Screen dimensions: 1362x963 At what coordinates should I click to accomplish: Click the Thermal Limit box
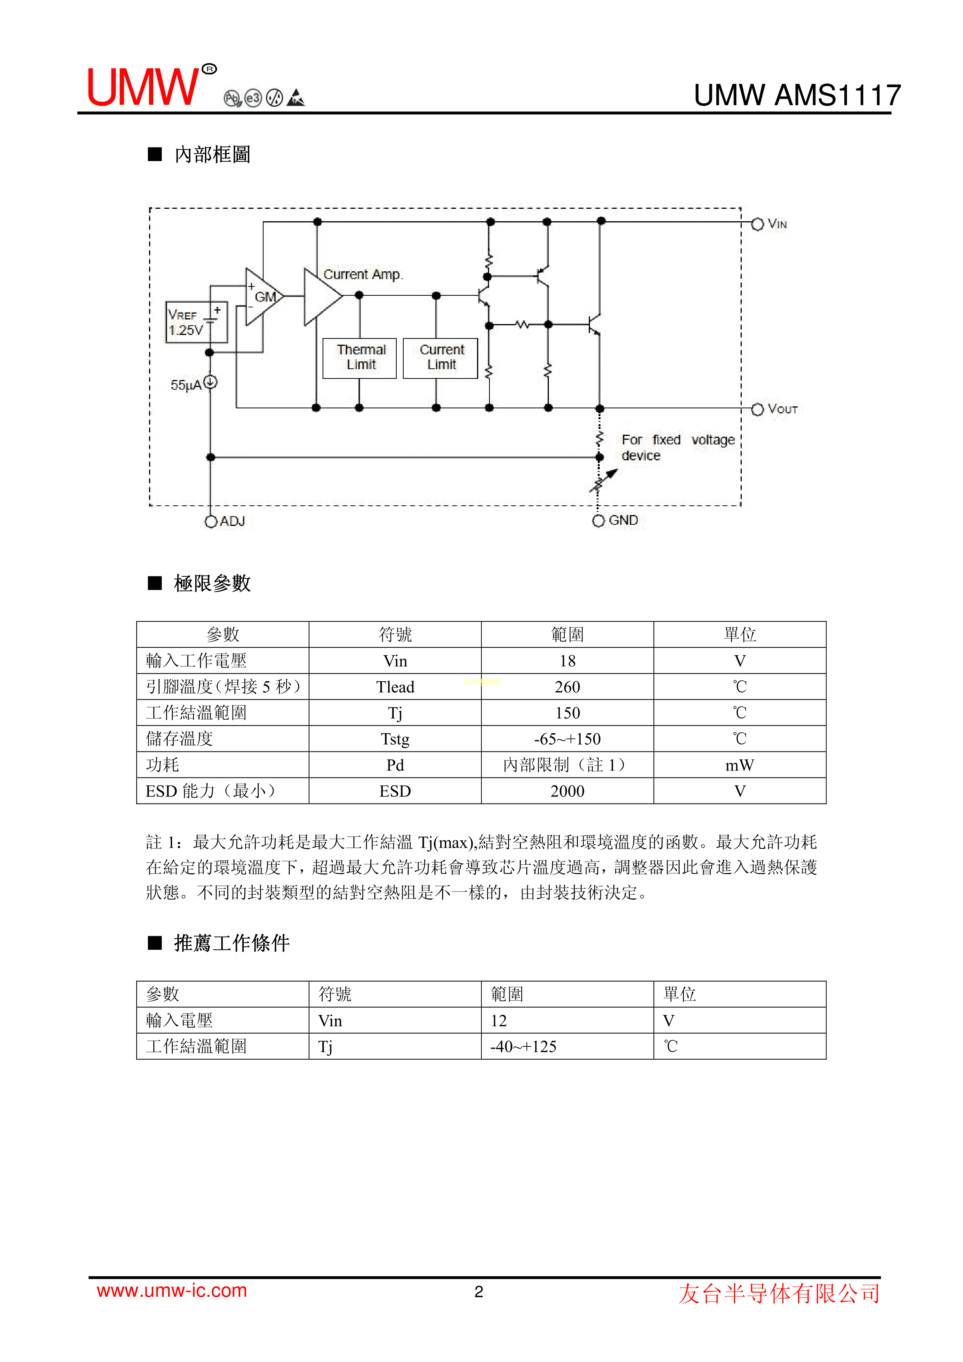pos(359,358)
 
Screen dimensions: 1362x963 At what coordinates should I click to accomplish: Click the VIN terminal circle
pos(757,224)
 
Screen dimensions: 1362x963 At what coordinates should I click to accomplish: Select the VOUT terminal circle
pos(757,409)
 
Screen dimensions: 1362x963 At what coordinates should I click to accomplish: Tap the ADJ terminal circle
pos(211,521)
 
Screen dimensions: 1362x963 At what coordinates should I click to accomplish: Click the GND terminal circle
pos(598,521)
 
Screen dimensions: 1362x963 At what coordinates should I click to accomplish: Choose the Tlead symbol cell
pos(395,687)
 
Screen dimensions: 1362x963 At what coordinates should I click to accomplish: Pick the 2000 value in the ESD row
pos(567,791)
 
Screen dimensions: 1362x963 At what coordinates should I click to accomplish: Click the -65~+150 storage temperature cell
pos(567,739)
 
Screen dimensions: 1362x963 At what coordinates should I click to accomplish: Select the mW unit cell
pos(739,765)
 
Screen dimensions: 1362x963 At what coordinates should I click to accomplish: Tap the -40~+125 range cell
pos(523,1046)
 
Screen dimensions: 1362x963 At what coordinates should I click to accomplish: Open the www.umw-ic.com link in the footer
pos(172,1291)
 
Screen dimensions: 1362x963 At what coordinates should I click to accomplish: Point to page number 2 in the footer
pos(479,1292)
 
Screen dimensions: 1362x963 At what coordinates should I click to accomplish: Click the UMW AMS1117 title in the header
pos(797,95)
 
